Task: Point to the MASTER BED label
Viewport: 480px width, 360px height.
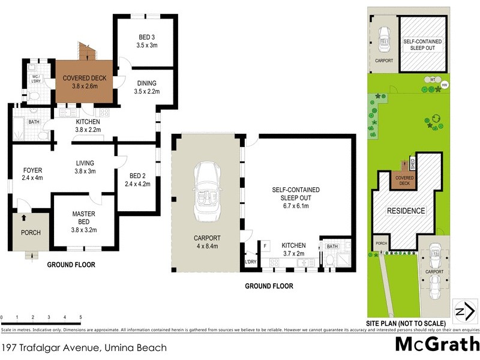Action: tap(84, 214)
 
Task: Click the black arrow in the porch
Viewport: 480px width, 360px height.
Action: tap(24, 218)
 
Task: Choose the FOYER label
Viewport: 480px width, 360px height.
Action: tap(28, 170)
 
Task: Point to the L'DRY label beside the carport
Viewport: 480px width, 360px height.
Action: tap(250, 262)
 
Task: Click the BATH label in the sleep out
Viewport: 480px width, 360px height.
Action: tap(332, 245)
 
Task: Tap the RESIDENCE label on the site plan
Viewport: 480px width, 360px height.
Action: tap(406, 211)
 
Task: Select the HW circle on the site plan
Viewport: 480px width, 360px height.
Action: tap(445, 85)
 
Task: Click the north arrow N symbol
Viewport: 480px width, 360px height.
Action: tap(461, 311)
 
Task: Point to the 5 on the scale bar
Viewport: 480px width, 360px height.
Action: tap(80, 317)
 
